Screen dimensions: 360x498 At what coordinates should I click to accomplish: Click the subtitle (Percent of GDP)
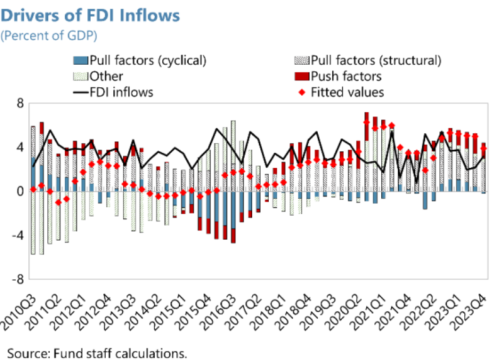pos(50,35)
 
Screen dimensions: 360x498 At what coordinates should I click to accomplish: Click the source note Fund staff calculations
pos(97,353)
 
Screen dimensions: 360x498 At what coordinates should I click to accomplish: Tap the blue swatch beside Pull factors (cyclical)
pos(81,61)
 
